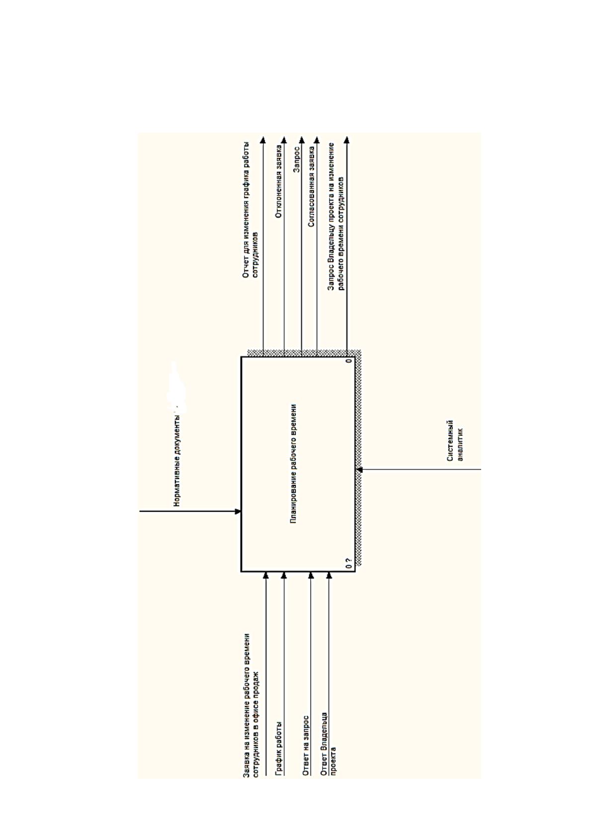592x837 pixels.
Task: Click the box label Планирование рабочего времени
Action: click(293, 463)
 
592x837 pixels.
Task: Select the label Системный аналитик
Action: click(455, 441)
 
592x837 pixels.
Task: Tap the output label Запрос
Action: click(297, 159)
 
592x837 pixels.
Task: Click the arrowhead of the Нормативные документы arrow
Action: click(238, 511)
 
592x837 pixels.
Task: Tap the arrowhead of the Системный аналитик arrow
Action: click(359, 470)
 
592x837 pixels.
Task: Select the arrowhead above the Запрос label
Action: click(302, 140)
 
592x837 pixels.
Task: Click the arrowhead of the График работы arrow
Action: click(284, 575)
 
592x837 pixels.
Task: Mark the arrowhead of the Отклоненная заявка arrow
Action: click(284, 140)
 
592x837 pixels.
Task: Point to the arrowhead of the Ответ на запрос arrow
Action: click(311, 575)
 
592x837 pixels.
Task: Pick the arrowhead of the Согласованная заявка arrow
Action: click(317, 140)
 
